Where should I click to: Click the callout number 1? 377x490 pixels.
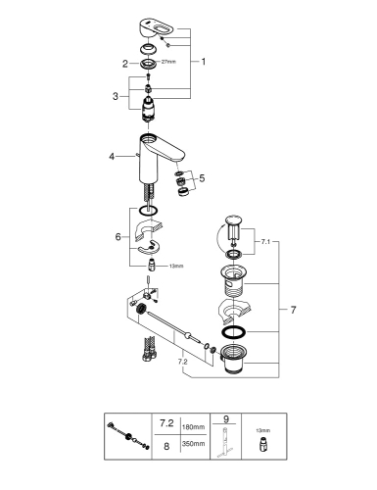pyautogui.click(x=203, y=61)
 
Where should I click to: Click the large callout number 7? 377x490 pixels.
pyautogui.click(x=282, y=309)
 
